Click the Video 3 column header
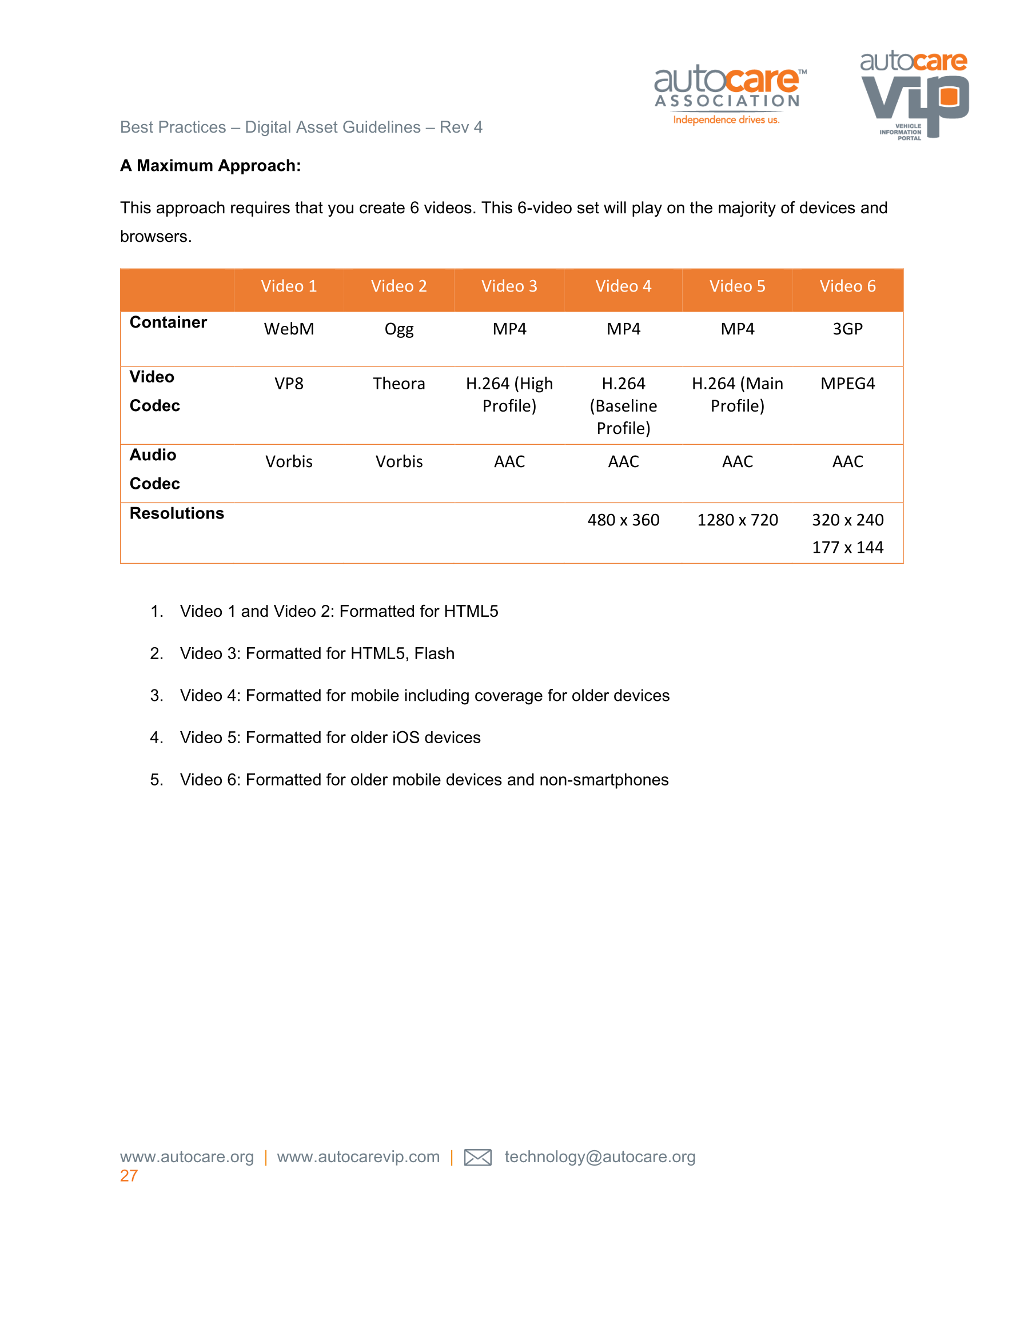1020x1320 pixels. tap(509, 286)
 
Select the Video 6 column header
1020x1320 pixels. tap(847, 286)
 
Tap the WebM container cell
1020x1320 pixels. tap(289, 329)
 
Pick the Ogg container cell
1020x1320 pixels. tap(399, 329)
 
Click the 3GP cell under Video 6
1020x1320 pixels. tap(847, 329)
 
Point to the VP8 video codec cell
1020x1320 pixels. tap(289, 383)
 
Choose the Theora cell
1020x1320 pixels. tap(399, 383)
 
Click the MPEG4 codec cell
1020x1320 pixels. tap(847, 383)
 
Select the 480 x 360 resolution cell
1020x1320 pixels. tap(623, 520)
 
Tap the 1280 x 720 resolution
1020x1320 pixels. tap(737, 520)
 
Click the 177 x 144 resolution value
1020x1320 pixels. tap(847, 547)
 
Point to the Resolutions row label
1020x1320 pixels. tap(177, 513)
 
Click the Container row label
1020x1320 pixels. tap(168, 322)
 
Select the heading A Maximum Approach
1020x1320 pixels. tap(210, 166)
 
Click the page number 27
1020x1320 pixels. tap(129, 1175)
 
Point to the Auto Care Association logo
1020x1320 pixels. tap(729, 95)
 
